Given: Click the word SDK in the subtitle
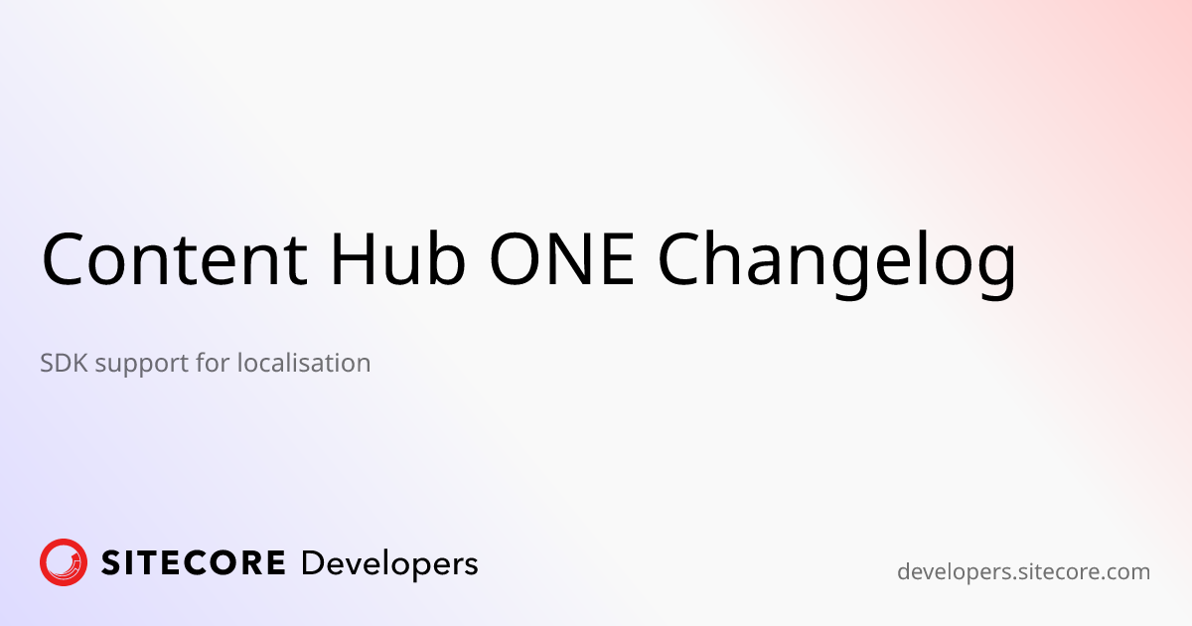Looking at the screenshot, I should pyautogui.click(x=65, y=363).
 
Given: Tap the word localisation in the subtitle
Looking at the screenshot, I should pyautogui.click(x=304, y=363).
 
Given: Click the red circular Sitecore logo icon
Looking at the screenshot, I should pyautogui.click(x=64, y=562).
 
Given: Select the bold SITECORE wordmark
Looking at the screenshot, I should pyautogui.click(x=194, y=563).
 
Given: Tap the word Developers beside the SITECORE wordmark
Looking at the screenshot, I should pyautogui.click(x=388, y=564).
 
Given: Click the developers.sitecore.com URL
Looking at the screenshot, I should pyautogui.click(x=1023, y=572).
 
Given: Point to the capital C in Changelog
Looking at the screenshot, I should pyautogui.click(x=683, y=259).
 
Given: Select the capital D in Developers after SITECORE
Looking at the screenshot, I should pyautogui.click(x=312, y=563).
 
